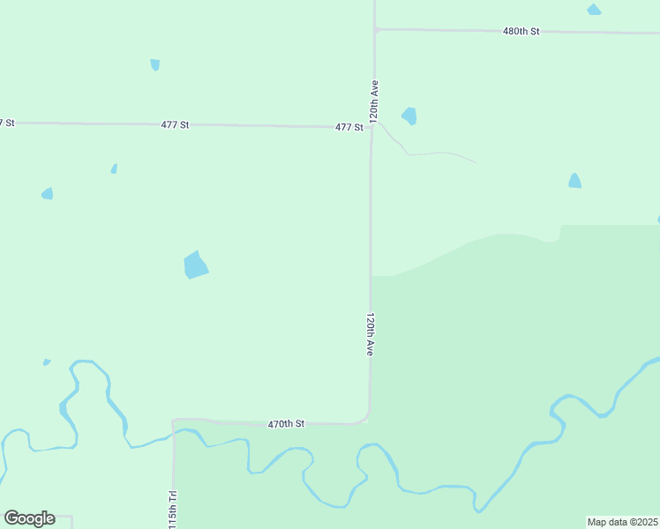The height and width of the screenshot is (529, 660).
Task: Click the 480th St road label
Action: (521, 31)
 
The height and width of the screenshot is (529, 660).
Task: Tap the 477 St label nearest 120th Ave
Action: (349, 128)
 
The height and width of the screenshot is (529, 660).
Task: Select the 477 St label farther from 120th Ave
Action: (175, 125)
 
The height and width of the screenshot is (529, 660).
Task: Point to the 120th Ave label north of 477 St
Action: (375, 101)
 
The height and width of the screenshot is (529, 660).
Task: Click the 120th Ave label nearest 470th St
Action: (371, 334)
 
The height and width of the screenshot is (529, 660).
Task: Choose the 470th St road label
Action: (286, 424)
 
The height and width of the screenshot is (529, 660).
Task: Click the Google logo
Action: (29, 518)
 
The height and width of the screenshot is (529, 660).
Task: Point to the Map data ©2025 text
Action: (623, 522)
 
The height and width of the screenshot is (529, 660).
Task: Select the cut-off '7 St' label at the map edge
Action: (7, 123)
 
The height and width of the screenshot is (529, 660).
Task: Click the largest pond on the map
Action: (195, 264)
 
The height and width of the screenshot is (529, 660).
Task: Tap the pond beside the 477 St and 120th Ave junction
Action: (409, 115)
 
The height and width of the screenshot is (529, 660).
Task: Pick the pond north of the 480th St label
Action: (594, 10)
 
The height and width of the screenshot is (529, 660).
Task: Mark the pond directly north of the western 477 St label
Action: (155, 64)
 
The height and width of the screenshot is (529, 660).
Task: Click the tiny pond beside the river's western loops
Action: (47, 361)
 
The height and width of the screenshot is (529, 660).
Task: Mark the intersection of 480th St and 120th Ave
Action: (375, 29)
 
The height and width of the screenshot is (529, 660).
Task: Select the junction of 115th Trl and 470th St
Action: (175, 421)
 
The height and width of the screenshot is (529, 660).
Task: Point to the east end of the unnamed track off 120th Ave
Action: (475, 162)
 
